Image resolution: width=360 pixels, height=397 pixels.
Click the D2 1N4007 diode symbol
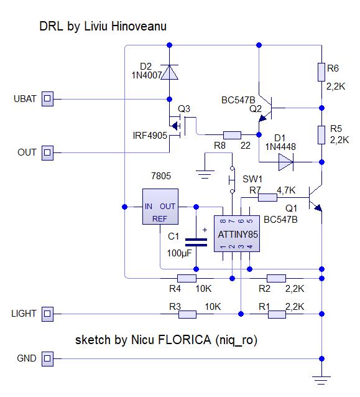click(x=170, y=72)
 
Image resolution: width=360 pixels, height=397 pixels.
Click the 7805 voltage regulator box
click(x=160, y=207)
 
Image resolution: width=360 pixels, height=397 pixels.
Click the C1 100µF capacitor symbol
click(x=196, y=241)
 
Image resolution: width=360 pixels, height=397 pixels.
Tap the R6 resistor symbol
click(x=321, y=70)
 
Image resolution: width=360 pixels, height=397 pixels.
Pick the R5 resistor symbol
click(x=321, y=134)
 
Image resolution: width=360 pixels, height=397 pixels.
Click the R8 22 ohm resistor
click(x=232, y=134)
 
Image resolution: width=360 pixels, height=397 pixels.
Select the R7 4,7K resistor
click(x=268, y=197)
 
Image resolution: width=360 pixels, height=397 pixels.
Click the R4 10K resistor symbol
click(x=187, y=278)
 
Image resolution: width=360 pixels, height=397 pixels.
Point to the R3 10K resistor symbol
click(x=187, y=315)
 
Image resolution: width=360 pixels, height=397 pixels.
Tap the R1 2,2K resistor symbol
click(x=277, y=315)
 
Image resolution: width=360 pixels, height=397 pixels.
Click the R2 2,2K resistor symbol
click(x=277, y=278)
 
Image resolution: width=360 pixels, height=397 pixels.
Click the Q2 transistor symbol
click(x=269, y=108)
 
